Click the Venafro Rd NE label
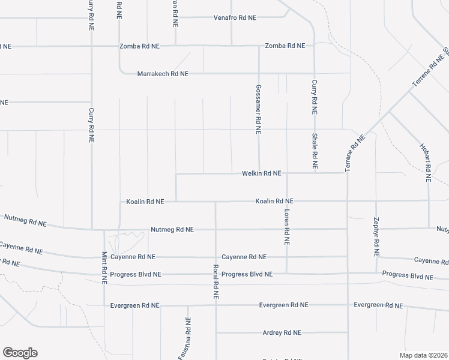click(x=235, y=18)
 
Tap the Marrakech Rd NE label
click(x=163, y=74)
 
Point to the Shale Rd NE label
click(x=314, y=151)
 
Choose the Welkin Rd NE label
click(x=261, y=173)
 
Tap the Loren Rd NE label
click(x=287, y=229)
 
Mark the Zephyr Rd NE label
click(x=376, y=237)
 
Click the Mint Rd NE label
click(x=104, y=268)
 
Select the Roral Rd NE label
click(x=215, y=282)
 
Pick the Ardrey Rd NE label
click(x=282, y=332)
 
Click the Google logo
click(x=20, y=353)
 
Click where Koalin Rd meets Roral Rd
click(x=215, y=202)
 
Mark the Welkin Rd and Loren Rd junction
click(x=287, y=173)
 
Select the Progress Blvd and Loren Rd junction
click(x=287, y=274)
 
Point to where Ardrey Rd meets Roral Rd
click(x=216, y=332)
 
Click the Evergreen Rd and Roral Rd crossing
click(x=216, y=305)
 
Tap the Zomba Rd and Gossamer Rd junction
click(x=259, y=46)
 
